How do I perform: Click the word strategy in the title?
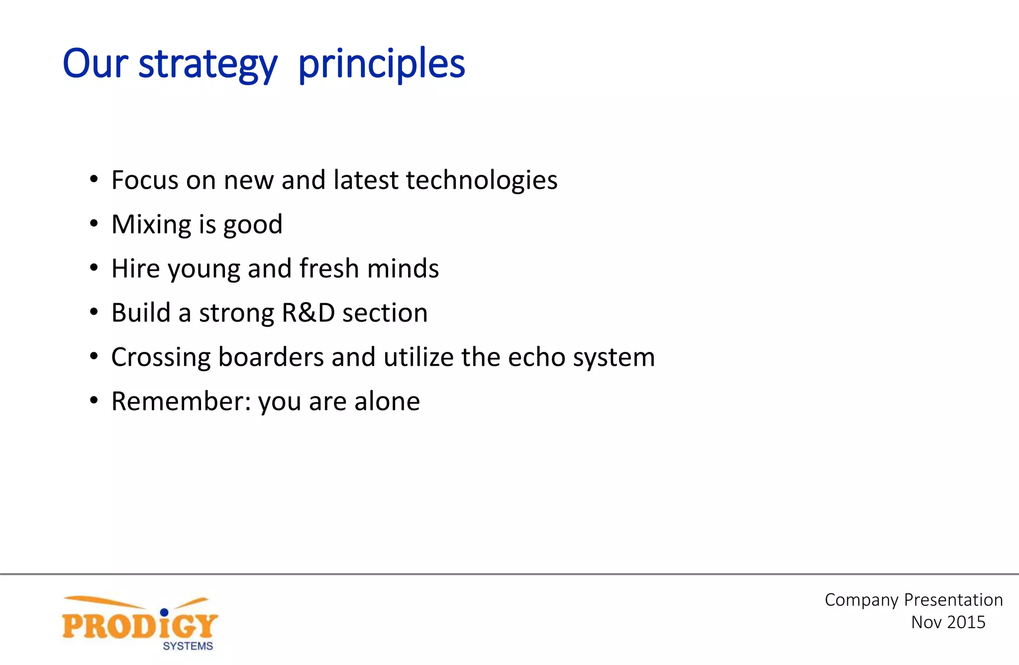click(x=207, y=65)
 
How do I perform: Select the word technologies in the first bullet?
click(x=481, y=180)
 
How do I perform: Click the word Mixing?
click(x=151, y=224)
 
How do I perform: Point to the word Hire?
click(x=135, y=269)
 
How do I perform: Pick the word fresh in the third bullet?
click(x=329, y=269)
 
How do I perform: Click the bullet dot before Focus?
click(x=94, y=180)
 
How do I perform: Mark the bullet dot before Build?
click(x=94, y=313)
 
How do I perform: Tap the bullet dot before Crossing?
click(x=94, y=357)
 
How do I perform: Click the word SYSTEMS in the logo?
click(x=188, y=646)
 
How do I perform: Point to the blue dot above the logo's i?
click(x=164, y=612)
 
